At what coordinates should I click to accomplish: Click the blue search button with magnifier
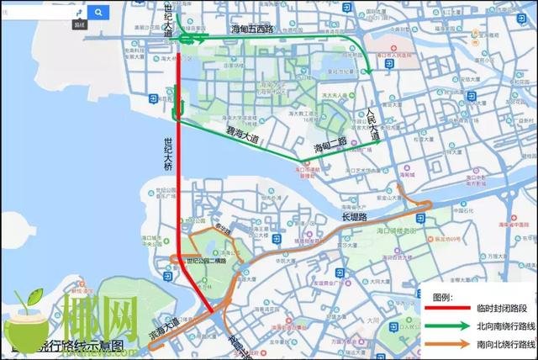[x=98, y=13]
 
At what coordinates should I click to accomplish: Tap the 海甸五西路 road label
[x=253, y=30]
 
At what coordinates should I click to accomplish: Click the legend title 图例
[x=442, y=298]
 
